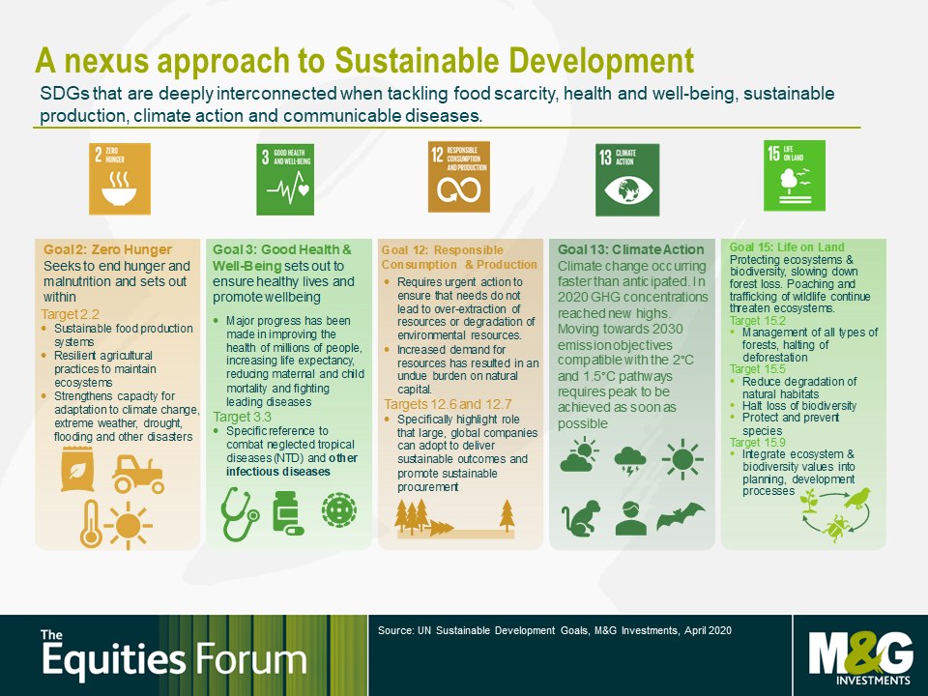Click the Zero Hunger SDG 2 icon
120,179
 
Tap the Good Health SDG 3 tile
285,180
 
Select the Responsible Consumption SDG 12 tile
458,176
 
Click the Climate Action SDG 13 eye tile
627,180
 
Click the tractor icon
138,474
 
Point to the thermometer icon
91,524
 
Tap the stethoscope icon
239,513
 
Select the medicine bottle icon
287,513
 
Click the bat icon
681,516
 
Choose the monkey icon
581,518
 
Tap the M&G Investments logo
860,657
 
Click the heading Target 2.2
70,314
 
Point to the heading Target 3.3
242,417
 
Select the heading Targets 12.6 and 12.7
448,404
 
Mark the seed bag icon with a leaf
77,470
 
